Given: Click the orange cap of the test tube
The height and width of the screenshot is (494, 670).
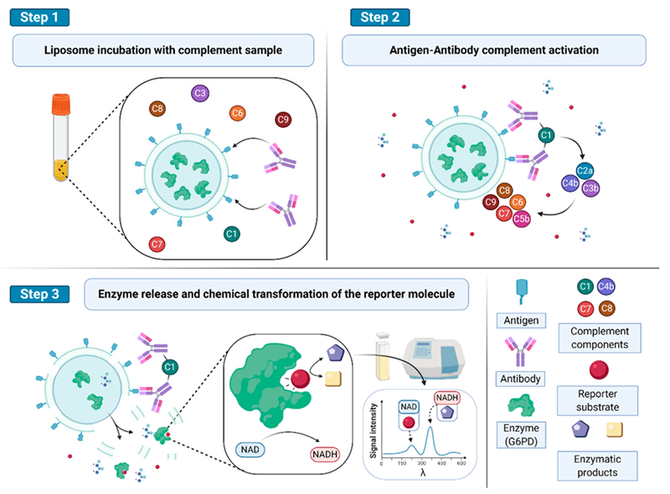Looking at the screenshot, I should [60, 105].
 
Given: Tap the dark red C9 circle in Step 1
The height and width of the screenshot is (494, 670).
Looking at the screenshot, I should [283, 120].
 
